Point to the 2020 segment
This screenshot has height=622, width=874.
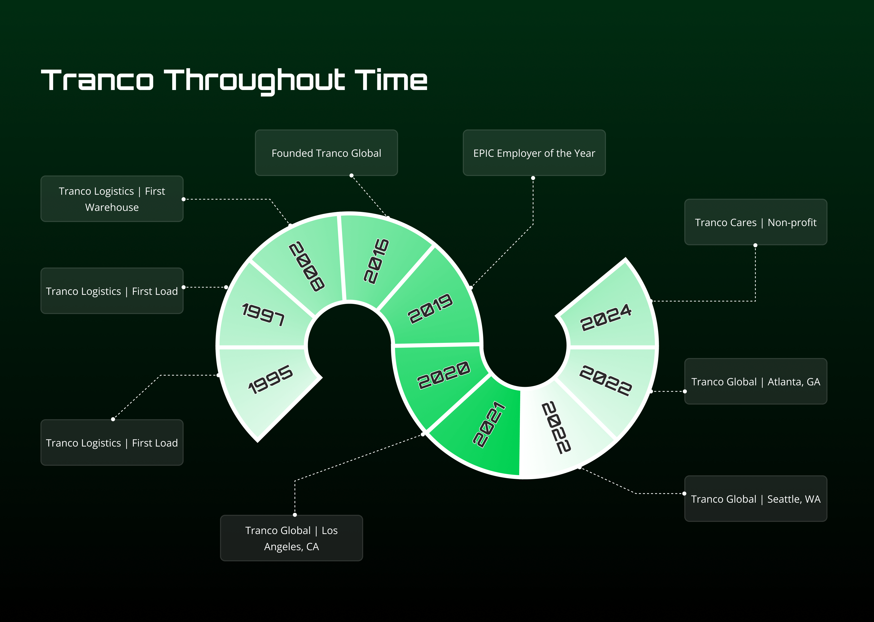click(441, 379)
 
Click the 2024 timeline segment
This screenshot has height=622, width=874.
click(609, 310)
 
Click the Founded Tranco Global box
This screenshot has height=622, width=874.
click(326, 153)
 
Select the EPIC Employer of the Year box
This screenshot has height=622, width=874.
click(534, 153)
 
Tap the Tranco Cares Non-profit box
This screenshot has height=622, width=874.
click(756, 222)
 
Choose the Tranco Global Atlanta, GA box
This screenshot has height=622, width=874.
click(756, 382)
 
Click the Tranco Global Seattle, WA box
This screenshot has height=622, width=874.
click(756, 499)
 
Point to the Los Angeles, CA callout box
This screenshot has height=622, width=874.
click(292, 538)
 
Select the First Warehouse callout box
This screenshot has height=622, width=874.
click(112, 199)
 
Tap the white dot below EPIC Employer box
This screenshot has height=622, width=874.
click(533, 178)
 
